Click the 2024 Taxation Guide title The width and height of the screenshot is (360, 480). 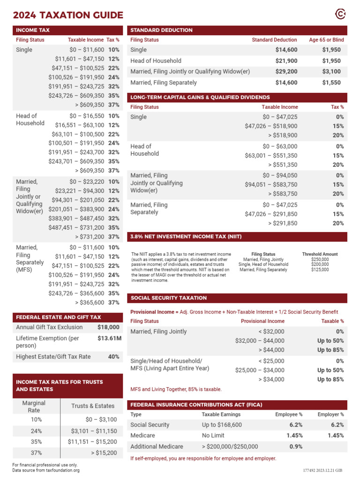click(68, 15)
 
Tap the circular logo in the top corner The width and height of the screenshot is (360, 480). click(341, 15)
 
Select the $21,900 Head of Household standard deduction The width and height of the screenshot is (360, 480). click(286, 61)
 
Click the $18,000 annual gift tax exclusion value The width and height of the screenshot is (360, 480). click(108, 327)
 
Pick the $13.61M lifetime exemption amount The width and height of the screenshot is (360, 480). click(109, 338)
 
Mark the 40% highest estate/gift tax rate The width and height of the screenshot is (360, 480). click(113, 357)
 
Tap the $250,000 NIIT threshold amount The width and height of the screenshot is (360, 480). click(320, 259)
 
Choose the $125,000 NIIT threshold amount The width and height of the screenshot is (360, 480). click(320, 270)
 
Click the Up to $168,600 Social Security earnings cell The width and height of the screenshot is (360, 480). click(222, 425)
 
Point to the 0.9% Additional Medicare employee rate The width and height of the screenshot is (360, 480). click(296, 447)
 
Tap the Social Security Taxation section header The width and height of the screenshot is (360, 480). click(169, 298)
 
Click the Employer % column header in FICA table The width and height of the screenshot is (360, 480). click(330, 414)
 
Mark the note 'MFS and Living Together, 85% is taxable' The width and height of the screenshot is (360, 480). click(176, 389)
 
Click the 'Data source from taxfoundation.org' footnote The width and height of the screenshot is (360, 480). click(46, 470)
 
